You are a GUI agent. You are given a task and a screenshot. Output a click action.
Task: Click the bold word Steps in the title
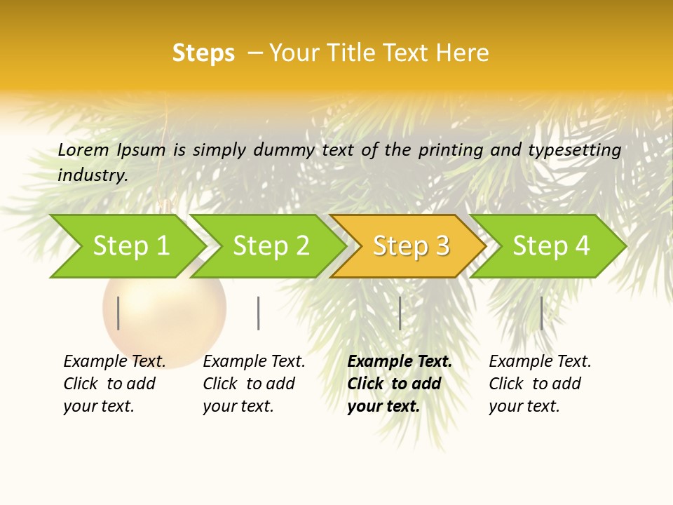203,53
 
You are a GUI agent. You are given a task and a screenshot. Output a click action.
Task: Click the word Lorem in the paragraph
83,149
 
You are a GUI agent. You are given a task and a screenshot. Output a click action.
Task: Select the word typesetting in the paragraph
574,149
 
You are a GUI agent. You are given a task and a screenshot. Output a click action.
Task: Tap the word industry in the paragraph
92,175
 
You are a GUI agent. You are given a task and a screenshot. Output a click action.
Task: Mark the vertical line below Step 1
118,313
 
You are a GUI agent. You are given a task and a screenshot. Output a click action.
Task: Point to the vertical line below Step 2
259,313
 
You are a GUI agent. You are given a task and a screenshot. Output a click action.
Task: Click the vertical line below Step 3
400,313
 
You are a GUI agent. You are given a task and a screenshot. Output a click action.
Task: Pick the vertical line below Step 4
541,313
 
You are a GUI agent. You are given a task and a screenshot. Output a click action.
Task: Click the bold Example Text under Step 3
400,361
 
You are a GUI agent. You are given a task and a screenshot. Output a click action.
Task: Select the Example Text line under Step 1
114,361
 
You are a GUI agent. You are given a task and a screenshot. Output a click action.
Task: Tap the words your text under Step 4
524,406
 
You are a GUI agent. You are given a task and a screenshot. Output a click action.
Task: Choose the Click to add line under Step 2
249,384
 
